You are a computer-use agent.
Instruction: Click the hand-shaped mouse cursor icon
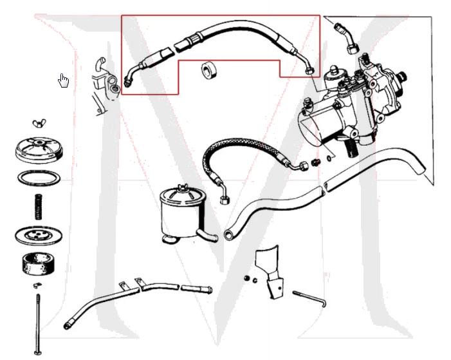click(x=63, y=81)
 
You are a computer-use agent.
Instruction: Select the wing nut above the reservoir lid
click(x=37, y=123)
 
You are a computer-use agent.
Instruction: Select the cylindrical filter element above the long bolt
click(x=38, y=263)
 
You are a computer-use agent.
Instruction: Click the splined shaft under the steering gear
click(x=352, y=147)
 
